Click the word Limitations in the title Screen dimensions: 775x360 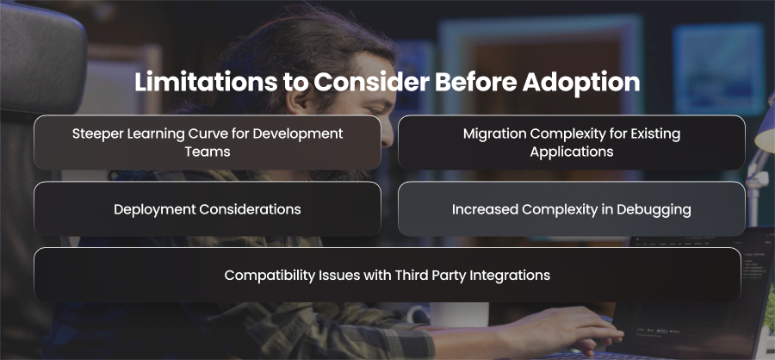coord(205,82)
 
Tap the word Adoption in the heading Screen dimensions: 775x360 coord(581,83)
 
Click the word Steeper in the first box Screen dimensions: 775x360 coord(96,134)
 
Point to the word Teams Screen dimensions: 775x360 coord(208,152)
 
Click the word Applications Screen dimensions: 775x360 coord(572,152)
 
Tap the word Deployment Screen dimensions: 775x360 coord(155,209)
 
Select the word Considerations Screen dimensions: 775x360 coord(250,209)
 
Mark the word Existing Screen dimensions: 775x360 coord(653,134)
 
